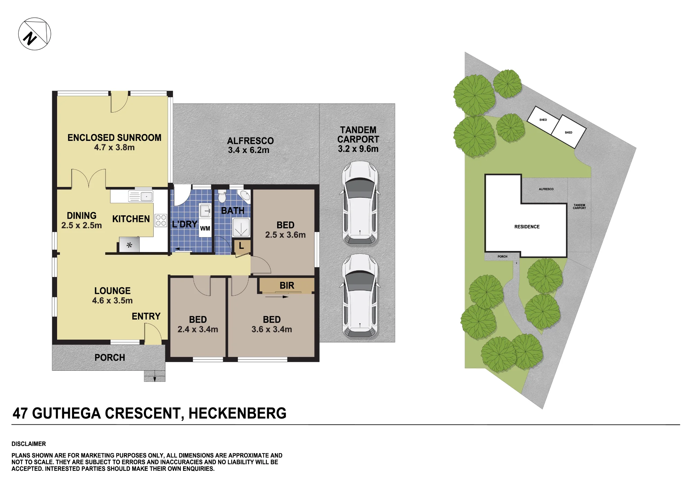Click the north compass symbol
pyautogui.click(x=35, y=34)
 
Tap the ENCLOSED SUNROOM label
pyautogui.click(x=115, y=138)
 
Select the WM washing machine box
pyautogui.click(x=205, y=228)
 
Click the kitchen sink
pyautogui.click(x=141, y=196)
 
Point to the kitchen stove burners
pyautogui.click(x=161, y=220)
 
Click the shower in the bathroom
pyautogui.click(x=241, y=227)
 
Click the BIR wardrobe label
pyautogui.click(x=287, y=286)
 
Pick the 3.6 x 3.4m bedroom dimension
pyautogui.click(x=272, y=329)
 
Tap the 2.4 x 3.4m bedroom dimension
pyautogui.click(x=198, y=329)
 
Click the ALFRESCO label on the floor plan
pyautogui.click(x=251, y=141)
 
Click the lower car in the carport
pyautogui.click(x=360, y=296)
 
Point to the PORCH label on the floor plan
pyautogui.click(x=110, y=358)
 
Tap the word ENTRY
pyautogui.click(x=146, y=316)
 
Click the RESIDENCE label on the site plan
pyautogui.click(x=527, y=227)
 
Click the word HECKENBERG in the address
pyautogui.click(x=237, y=413)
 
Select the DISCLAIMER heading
pyautogui.click(x=29, y=444)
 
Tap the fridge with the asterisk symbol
pyautogui.click(x=129, y=245)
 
